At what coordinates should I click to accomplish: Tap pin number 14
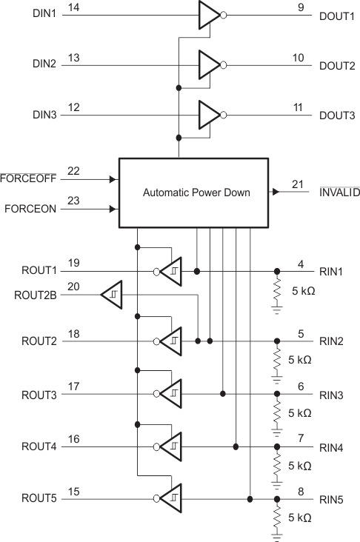73,7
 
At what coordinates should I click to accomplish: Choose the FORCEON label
30,209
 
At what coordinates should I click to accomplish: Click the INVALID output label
339,193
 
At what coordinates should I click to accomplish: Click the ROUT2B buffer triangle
112,295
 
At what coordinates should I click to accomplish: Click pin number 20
73,287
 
